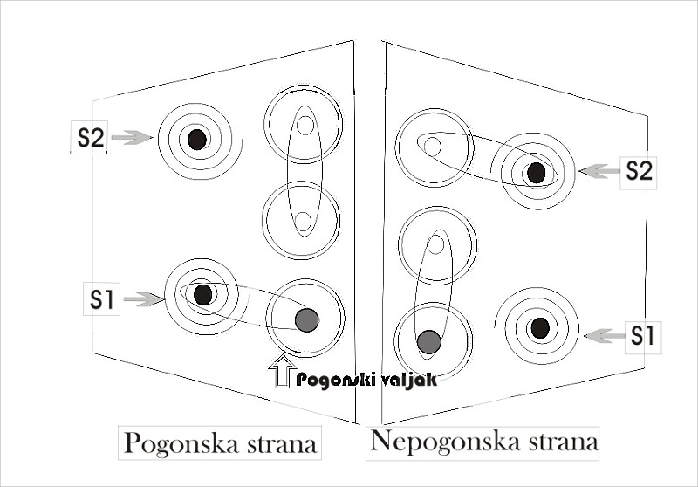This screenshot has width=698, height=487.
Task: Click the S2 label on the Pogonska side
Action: click(91, 138)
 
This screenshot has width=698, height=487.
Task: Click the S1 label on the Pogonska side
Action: click(102, 299)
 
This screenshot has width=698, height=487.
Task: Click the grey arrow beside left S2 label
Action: click(133, 138)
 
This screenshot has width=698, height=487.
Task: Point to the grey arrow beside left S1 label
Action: click(144, 299)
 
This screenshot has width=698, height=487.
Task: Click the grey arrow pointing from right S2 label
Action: click(599, 171)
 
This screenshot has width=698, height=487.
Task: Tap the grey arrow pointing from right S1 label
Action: click(605, 336)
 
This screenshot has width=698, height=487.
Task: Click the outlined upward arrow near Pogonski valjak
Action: click(282, 371)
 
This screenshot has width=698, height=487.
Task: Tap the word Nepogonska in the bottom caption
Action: click(446, 442)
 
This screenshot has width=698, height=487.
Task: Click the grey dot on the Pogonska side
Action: click(307, 319)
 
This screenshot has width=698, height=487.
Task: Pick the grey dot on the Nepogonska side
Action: click(429, 342)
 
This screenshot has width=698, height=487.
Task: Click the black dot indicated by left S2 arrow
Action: click(197, 140)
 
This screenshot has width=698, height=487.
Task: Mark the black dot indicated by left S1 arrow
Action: click(203, 294)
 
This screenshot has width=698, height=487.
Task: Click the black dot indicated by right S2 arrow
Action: click(536, 173)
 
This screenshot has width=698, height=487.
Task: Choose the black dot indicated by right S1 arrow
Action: click(540, 328)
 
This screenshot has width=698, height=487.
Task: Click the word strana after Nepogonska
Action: click(564, 442)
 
